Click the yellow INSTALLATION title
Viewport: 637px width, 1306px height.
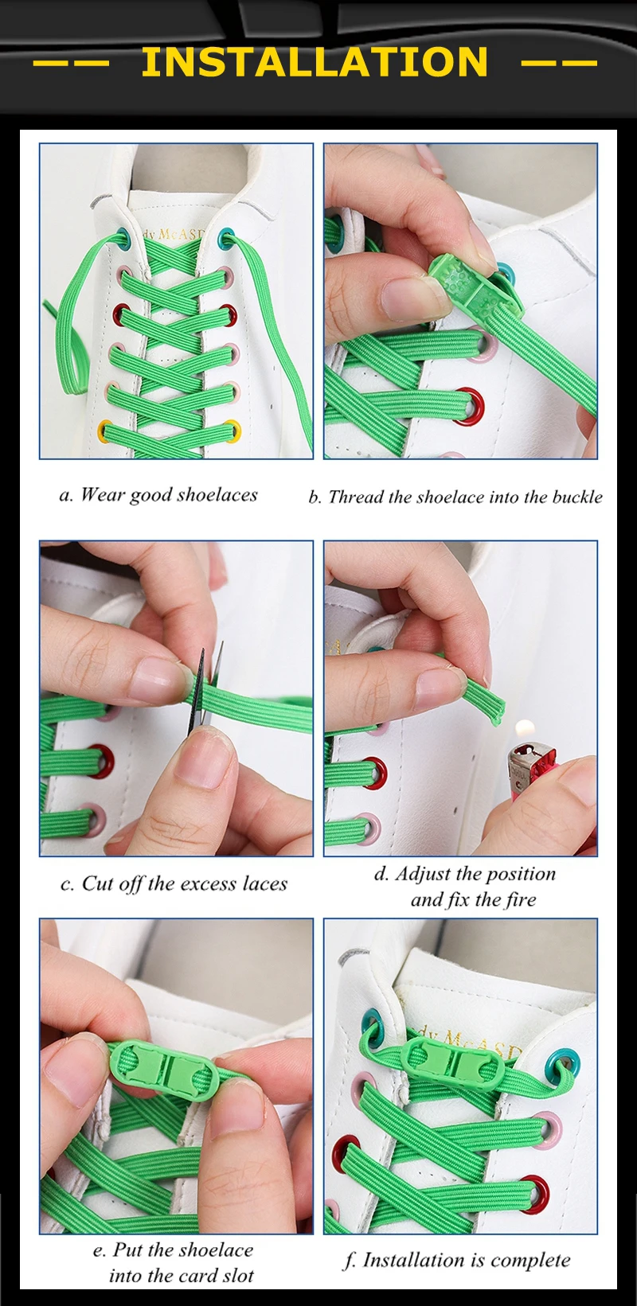pos(315,62)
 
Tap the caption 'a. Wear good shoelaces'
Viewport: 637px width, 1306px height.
pos(158,495)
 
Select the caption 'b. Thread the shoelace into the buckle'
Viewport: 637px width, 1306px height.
pos(455,497)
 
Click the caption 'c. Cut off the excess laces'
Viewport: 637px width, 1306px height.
pos(174,884)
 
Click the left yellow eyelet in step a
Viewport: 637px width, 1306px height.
pos(106,430)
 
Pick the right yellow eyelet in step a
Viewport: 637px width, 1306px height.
pos(233,431)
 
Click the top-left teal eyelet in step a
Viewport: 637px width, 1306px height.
pos(121,238)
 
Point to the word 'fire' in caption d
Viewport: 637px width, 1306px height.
pos(520,899)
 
